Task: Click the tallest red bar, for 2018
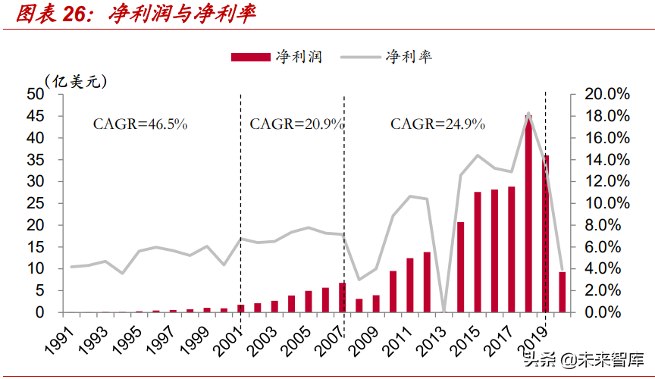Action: [x=528, y=214]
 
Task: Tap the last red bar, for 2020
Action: [x=562, y=292]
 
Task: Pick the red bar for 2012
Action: [x=427, y=282]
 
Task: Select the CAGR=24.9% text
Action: [x=437, y=124]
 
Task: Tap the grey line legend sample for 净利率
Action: [x=361, y=58]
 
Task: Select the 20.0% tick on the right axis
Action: [x=606, y=94]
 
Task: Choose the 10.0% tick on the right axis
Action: [x=606, y=203]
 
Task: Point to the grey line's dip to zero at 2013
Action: [x=443, y=311]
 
